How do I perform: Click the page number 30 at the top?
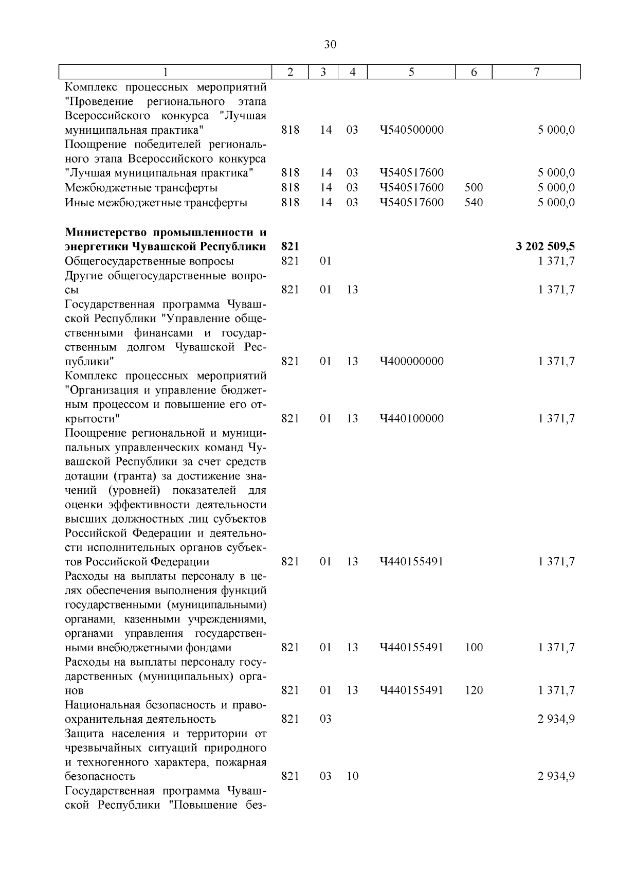click(x=330, y=45)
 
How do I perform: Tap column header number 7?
click(x=536, y=73)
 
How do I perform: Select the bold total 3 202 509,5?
click(x=545, y=246)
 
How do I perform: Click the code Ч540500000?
click(x=411, y=130)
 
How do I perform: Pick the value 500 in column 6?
click(x=474, y=188)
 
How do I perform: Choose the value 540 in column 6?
click(x=474, y=203)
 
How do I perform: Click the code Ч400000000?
click(x=411, y=362)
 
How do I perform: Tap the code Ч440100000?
click(x=411, y=419)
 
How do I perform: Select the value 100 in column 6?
click(x=474, y=648)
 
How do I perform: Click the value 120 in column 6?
click(x=474, y=690)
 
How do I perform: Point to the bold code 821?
click(x=291, y=246)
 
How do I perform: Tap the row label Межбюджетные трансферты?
click(x=141, y=188)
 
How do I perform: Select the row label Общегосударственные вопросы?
click(x=149, y=261)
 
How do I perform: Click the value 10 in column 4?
click(x=352, y=776)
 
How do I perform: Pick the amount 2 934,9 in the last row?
click(x=556, y=776)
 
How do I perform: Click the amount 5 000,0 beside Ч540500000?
click(x=556, y=130)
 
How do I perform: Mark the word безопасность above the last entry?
click(x=100, y=776)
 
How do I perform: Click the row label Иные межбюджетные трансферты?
click(x=156, y=203)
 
